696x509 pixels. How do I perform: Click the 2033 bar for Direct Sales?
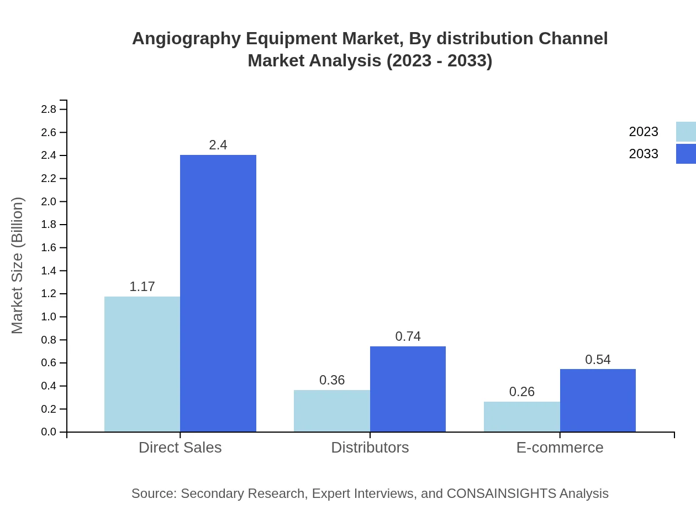[218, 293]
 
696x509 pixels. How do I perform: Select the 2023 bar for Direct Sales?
[142, 364]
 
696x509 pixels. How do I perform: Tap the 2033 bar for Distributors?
[408, 389]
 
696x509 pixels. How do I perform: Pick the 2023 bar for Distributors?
[331, 411]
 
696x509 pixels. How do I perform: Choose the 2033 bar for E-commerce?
[598, 400]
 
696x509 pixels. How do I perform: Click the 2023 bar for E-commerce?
[521, 417]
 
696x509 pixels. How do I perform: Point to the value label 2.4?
[218, 145]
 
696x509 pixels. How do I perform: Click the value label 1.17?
[142, 287]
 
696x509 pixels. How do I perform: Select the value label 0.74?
[408, 336]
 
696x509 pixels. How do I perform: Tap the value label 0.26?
[521, 392]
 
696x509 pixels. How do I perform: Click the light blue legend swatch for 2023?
[686, 132]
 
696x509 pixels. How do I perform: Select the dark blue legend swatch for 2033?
[686, 154]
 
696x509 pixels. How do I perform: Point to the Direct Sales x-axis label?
[180, 448]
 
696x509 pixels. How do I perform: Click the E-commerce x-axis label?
[560, 448]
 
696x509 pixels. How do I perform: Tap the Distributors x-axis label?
[370, 448]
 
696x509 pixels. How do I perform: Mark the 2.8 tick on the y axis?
[49, 110]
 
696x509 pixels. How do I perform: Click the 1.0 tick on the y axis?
[49, 317]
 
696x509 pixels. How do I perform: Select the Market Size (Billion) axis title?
[17, 266]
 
